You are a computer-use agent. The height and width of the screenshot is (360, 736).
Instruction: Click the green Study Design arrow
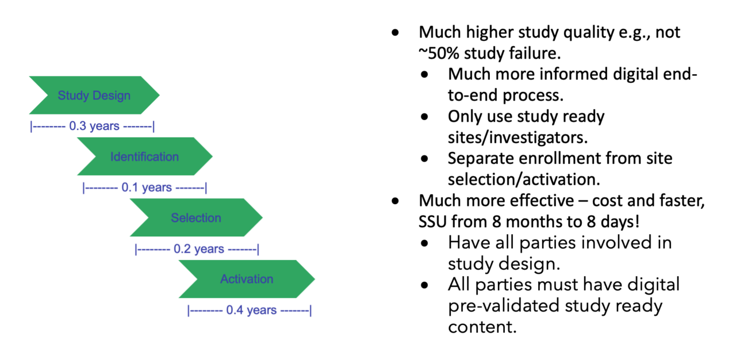(x=94, y=95)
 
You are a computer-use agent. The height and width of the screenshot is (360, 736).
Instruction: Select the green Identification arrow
(x=144, y=156)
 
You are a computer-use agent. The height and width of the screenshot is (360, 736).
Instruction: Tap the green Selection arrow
(x=195, y=218)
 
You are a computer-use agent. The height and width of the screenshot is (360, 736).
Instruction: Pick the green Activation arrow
(x=246, y=279)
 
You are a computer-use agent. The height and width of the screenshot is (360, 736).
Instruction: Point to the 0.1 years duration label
(x=144, y=187)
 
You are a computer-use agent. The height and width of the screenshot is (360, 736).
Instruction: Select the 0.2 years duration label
(x=197, y=249)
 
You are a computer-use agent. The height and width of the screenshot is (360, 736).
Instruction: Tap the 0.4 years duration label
(x=249, y=311)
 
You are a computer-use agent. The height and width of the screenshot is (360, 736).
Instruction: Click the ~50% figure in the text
(x=438, y=52)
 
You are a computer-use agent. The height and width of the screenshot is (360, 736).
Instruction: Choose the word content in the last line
(x=478, y=327)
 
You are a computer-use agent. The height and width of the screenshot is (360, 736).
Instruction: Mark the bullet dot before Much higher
(x=395, y=33)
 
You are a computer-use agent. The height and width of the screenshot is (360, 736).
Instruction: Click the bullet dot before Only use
(x=424, y=117)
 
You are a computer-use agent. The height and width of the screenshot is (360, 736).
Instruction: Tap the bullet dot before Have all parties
(x=424, y=243)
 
